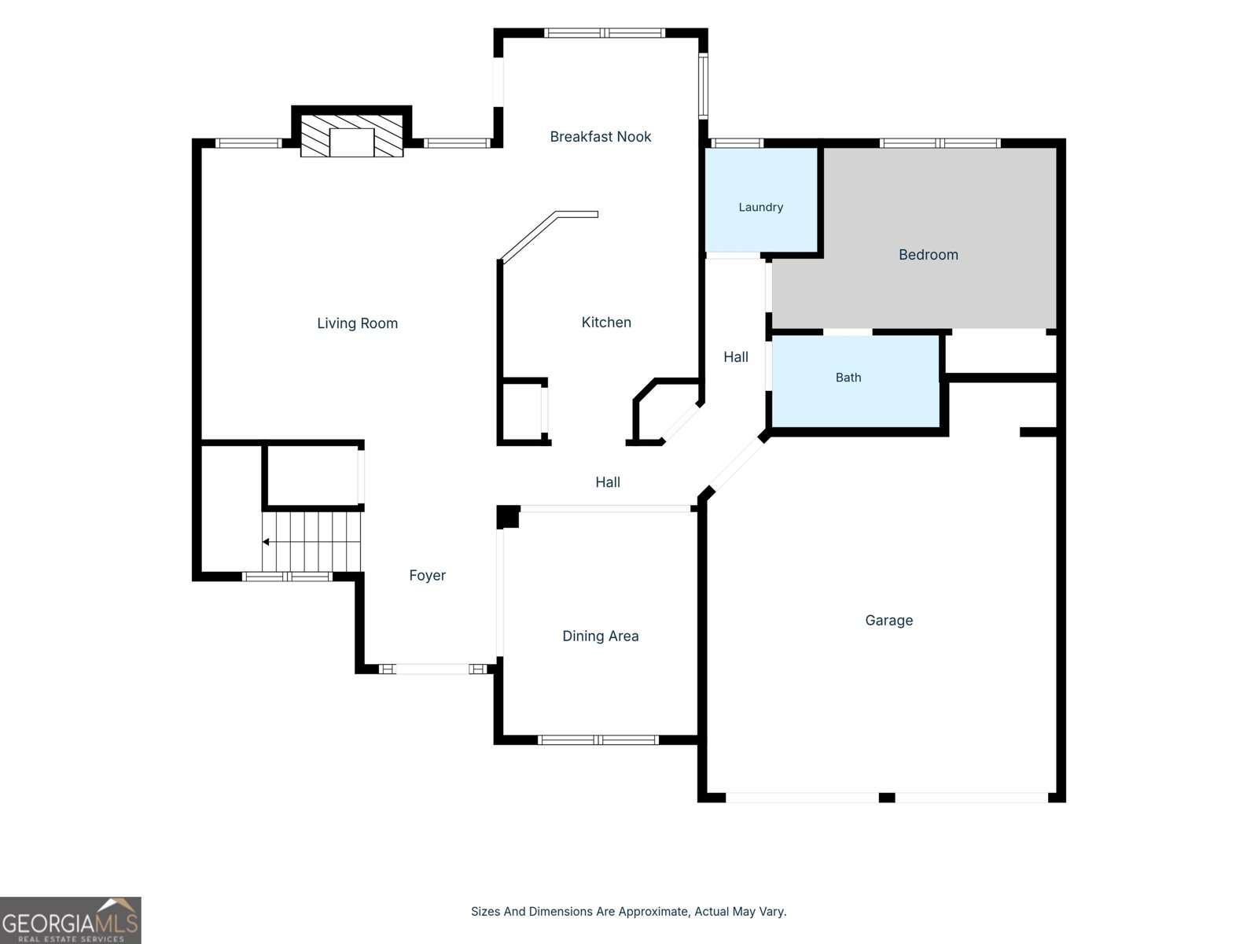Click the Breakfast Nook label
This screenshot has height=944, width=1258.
point(600,136)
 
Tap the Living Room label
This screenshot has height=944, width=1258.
point(357,323)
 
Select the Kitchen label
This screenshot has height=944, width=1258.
point(606,322)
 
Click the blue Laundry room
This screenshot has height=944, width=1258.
point(761,200)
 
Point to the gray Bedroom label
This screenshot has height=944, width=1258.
point(929,254)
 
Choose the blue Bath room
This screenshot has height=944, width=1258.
point(855,382)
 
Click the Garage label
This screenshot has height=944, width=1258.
point(889,620)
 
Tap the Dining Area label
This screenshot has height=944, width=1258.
point(600,636)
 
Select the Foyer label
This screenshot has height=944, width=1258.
point(427,576)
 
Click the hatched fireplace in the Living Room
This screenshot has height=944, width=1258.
point(352,136)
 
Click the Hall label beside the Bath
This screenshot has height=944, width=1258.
point(736,357)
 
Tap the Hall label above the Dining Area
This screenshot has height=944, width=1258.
point(608,482)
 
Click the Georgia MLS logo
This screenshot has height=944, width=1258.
point(71,920)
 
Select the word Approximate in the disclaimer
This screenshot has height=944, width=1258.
point(653,911)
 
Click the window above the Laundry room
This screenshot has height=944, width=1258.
point(737,143)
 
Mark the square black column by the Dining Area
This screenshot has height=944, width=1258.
point(508,516)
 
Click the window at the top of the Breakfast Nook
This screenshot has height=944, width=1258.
point(605,33)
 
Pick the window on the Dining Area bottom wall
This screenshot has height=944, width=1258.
point(598,740)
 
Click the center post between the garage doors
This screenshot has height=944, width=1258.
point(887,798)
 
